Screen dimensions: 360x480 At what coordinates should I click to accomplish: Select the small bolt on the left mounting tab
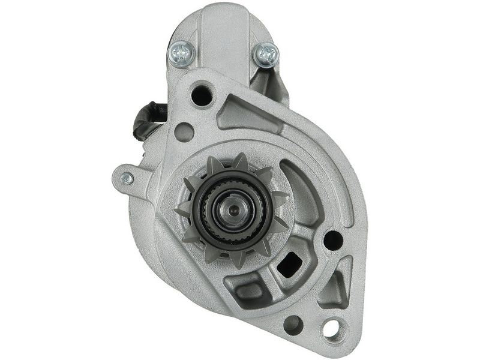click(127, 178)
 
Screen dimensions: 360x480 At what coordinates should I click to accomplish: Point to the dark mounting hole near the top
click(202, 95)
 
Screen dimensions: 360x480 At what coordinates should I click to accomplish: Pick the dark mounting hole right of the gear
click(334, 241)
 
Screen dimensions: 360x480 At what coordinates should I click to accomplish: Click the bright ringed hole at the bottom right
click(331, 328)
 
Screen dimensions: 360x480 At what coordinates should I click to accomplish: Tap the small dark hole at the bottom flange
click(293, 325)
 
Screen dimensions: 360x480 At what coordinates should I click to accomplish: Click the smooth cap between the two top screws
click(223, 42)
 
